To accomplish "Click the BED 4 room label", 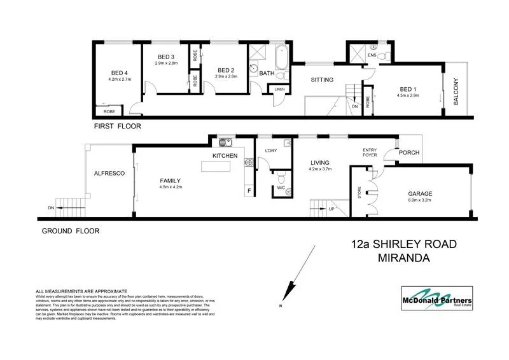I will [120, 72].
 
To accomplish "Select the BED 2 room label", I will [227, 70].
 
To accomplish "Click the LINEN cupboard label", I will [279, 89].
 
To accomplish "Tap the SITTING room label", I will [322, 81].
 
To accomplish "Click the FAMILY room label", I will [170, 181].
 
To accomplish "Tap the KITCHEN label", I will [225, 156].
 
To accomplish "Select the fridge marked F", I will [248, 190].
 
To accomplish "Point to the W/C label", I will [280, 188].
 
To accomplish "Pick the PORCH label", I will [407, 153].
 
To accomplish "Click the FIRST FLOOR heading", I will [117, 126].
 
